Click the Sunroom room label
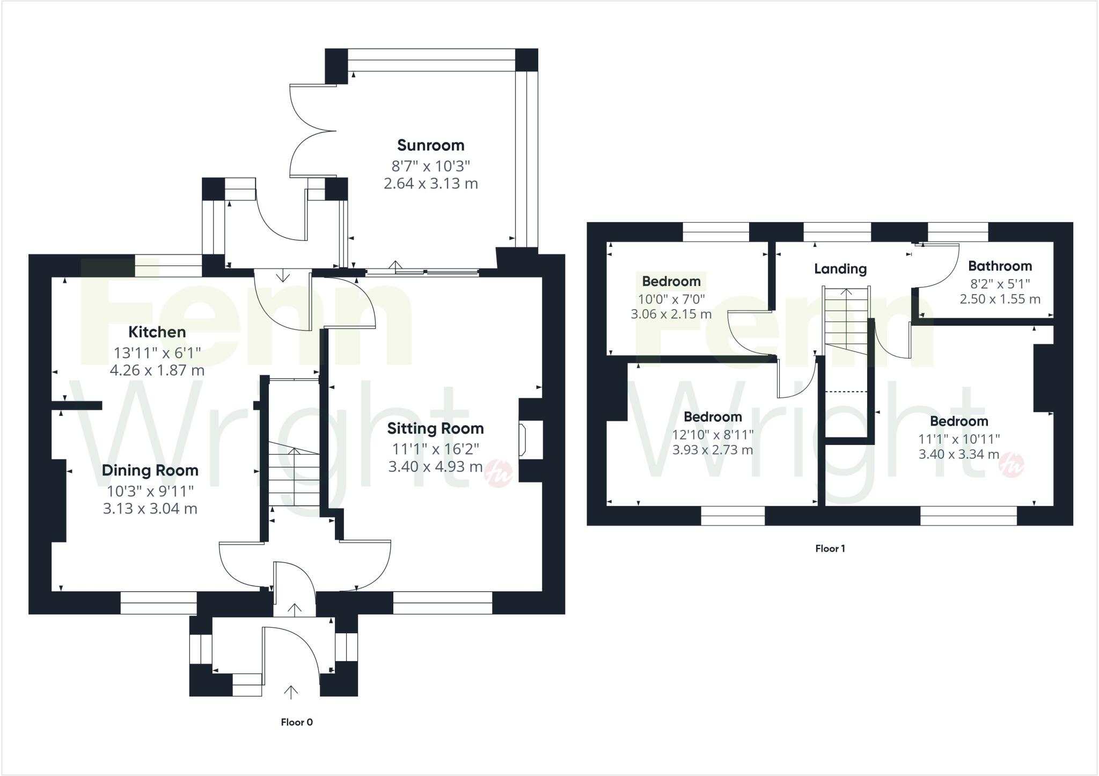click(x=430, y=145)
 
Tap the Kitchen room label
click(x=157, y=332)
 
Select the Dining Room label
click(x=150, y=470)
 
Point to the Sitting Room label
click(x=435, y=428)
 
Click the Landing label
click(x=840, y=268)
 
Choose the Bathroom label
click(x=1000, y=266)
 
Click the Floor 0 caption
click(x=297, y=722)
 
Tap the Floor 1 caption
click(x=830, y=548)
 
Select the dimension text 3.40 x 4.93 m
click(x=435, y=467)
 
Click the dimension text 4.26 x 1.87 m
click(x=157, y=370)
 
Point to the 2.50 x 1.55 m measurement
click(x=1000, y=299)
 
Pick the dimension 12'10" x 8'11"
click(x=713, y=434)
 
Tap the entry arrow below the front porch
click(x=291, y=692)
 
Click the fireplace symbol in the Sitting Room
click(x=523, y=440)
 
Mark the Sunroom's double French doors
click(x=311, y=130)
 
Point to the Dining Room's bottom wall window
click(x=158, y=603)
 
